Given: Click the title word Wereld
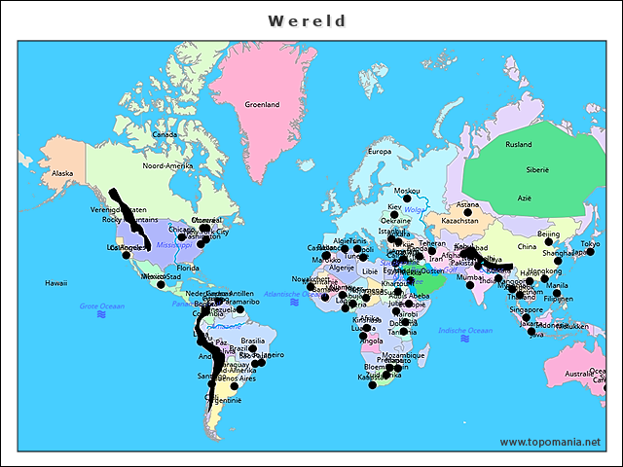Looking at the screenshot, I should pos(308,20).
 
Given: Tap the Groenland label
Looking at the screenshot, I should pos(262,104).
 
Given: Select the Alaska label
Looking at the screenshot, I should pos(62,174).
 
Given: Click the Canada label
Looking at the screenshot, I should pos(164,135).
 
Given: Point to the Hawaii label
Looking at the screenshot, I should pos(55,283).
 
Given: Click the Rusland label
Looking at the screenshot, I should pos(519,144).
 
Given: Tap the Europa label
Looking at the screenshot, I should pos(379,152).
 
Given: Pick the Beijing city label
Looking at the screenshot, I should pos(549,234).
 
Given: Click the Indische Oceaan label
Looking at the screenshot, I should pos(466,331).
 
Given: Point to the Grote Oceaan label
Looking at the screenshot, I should pos(102,306).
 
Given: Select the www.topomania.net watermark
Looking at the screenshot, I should pos(550,442).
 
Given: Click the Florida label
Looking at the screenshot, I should pos(188,268).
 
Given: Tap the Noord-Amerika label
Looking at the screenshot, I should pos(167,165).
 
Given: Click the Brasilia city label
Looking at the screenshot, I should pos(253,341).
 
